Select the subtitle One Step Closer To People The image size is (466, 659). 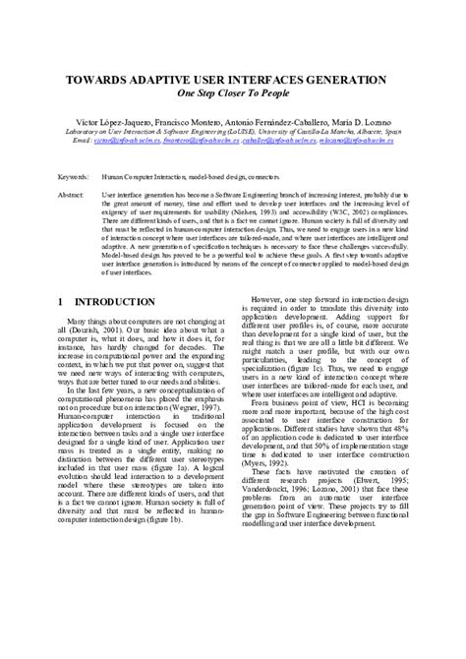click(233, 96)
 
